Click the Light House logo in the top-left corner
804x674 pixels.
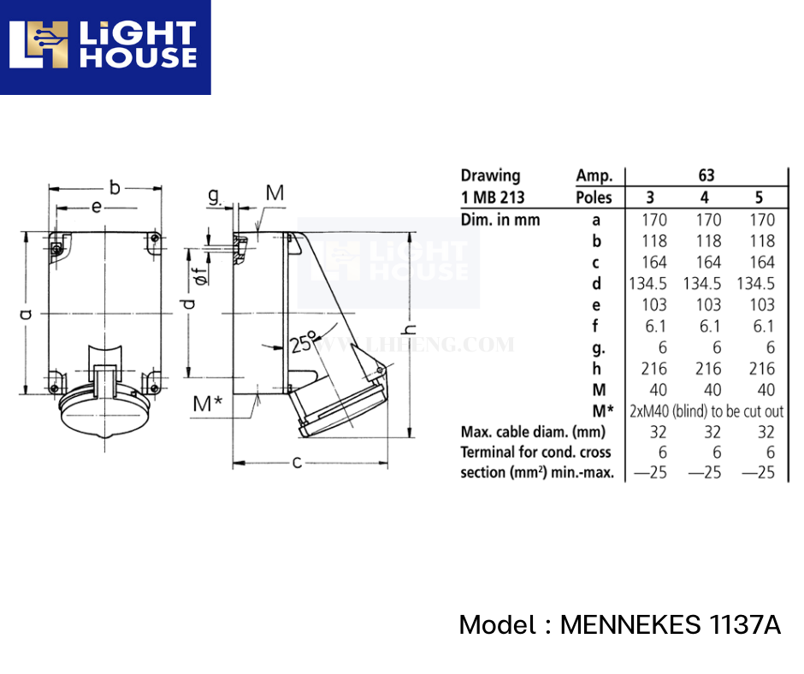click(x=104, y=47)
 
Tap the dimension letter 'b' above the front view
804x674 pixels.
click(x=114, y=186)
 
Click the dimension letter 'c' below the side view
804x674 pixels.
click(x=297, y=463)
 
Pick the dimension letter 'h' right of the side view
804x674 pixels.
click(x=411, y=328)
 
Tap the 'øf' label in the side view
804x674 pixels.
click(x=198, y=276)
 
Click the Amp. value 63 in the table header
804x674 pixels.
click(x=706, y=175)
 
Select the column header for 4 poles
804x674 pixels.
click(x=706, y=198)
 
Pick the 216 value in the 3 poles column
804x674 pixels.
click(x=655, y=369)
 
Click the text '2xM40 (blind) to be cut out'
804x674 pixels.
click(x=706, y=411)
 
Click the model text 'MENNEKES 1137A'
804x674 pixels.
click(x=670, y=625)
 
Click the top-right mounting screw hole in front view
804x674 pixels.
click(x=154, y=239)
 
